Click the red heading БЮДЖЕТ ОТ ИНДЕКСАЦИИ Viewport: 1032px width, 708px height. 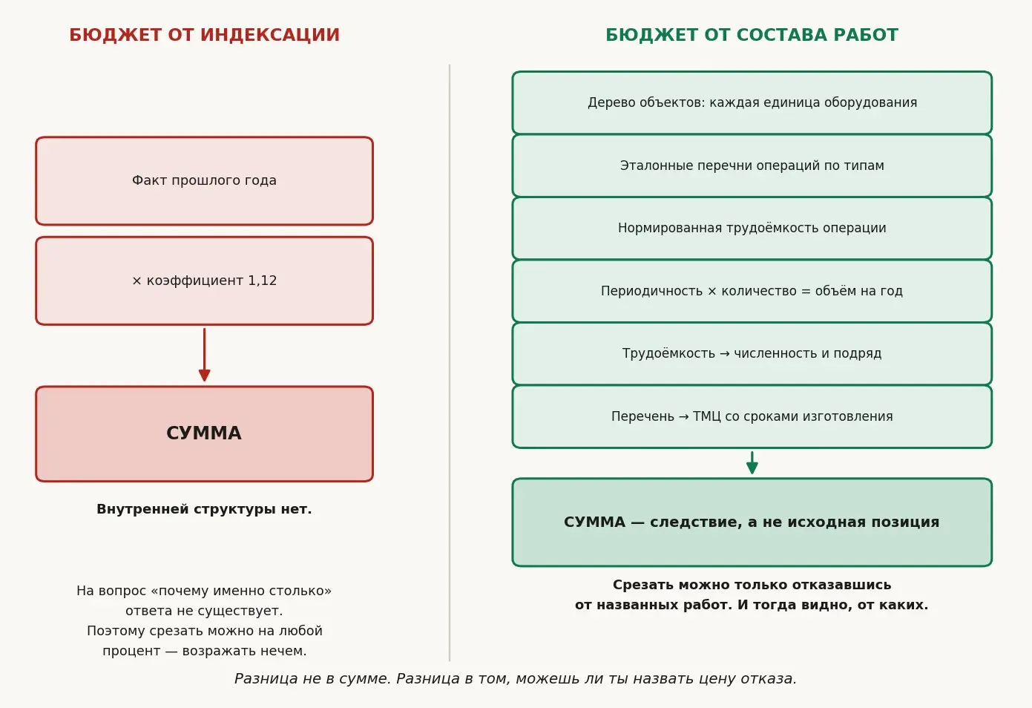tap(204, 35)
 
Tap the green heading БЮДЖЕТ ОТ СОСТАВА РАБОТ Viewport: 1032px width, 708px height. tap(752, 35)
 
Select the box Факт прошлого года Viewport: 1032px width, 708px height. tap(204, 180)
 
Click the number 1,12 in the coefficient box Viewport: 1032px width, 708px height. tap(262, 281)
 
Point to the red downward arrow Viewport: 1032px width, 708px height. tap(204, 355)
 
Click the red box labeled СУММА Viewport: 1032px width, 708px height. tap(204, 433)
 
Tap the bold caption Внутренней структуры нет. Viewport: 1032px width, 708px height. tap(204, 509)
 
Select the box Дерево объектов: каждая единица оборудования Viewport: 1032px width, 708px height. tap(752, 102)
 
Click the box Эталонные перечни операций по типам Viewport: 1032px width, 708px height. tap(752, 165)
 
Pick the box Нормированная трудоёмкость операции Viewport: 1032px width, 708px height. tap(752, 228)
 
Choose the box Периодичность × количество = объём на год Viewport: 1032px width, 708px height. tap(752, 291)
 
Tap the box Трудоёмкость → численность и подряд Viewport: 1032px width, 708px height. tap(752, 353)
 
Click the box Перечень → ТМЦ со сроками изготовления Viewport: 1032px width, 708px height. tap(752, 416)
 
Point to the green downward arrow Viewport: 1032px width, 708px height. tap(752, 462)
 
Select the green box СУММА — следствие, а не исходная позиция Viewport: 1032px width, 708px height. tap(752, 522)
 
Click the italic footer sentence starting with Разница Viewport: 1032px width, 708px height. tap(516, 678)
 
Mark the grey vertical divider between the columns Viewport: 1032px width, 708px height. tap(450, 363)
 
